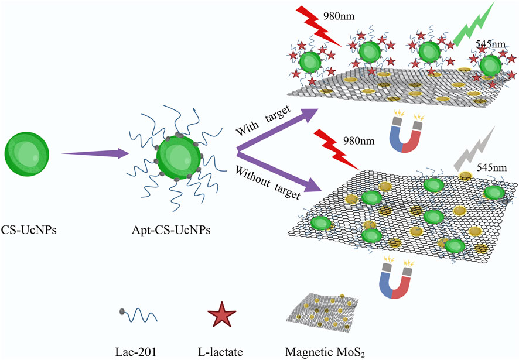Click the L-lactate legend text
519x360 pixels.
pyautogui.click(x=221, y=351)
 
